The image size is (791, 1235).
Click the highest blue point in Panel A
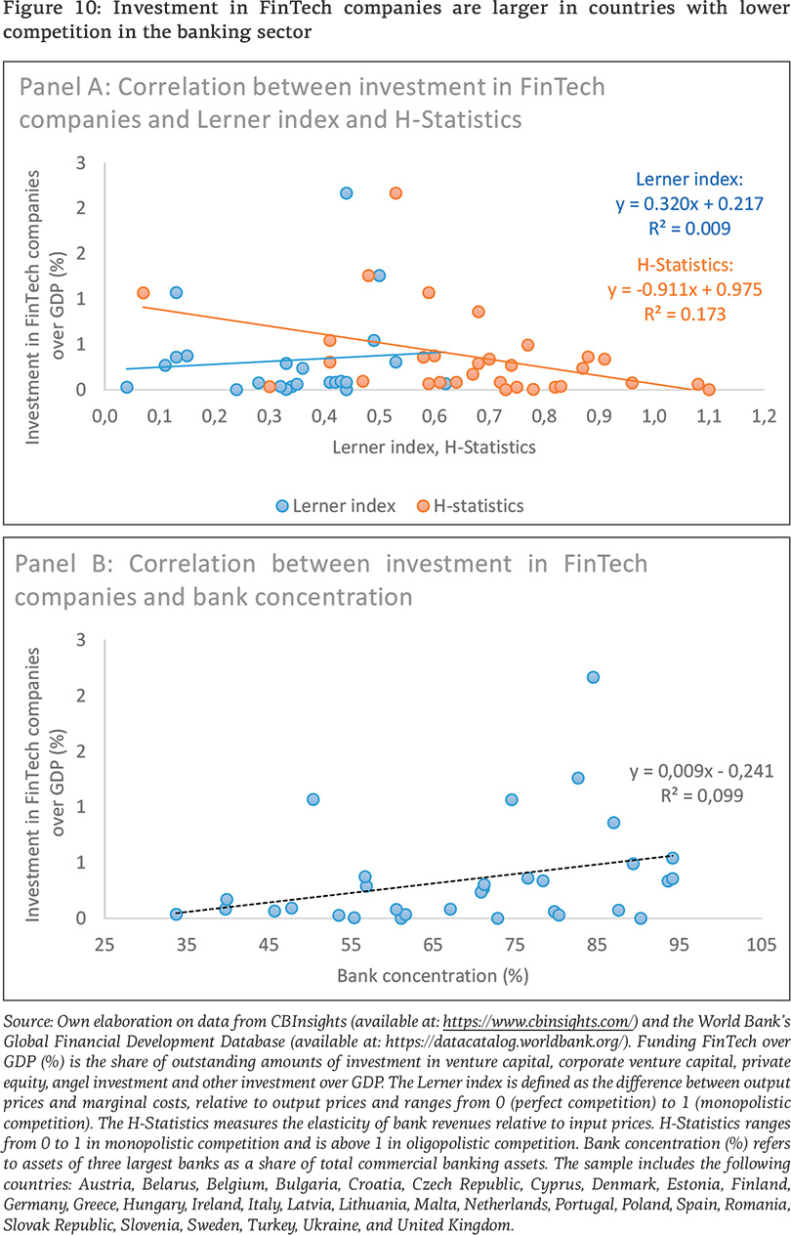346,192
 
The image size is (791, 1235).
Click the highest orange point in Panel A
395,192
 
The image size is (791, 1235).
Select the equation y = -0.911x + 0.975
685,290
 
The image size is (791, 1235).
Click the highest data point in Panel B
593,677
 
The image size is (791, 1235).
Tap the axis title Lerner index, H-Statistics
434,447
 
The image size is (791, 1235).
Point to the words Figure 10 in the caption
48,13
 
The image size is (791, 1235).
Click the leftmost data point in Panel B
177,914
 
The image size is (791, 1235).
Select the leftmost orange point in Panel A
144,292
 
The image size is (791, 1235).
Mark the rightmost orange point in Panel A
709,389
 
